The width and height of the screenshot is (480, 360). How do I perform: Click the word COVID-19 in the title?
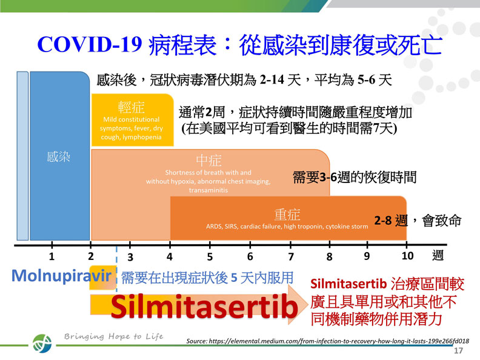pyautogui.click(x=90, y=44)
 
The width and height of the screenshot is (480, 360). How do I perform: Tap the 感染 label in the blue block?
pyautogui.click(x=59, y=157)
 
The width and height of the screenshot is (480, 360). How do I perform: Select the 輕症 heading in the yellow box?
pyautogui.click(x=132, y=107)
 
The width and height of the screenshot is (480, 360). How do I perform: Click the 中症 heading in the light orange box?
pyautogui.click(x=209, y=160)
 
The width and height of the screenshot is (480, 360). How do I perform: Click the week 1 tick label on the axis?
pyautogui.click(x=52, y=256)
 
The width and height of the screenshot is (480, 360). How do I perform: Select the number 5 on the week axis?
pyautogui.click(x=210, y=256)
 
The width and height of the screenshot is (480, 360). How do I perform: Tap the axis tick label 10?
pyautogui.click(x=407, y=256)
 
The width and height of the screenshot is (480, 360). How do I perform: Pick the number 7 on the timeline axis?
pyautogui.click(x=291, y=256)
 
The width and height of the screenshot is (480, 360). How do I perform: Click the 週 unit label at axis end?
pyautogui.click(x=438, y=256)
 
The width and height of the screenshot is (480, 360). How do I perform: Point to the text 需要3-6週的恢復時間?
pyautogui.click(x=355, y=177)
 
